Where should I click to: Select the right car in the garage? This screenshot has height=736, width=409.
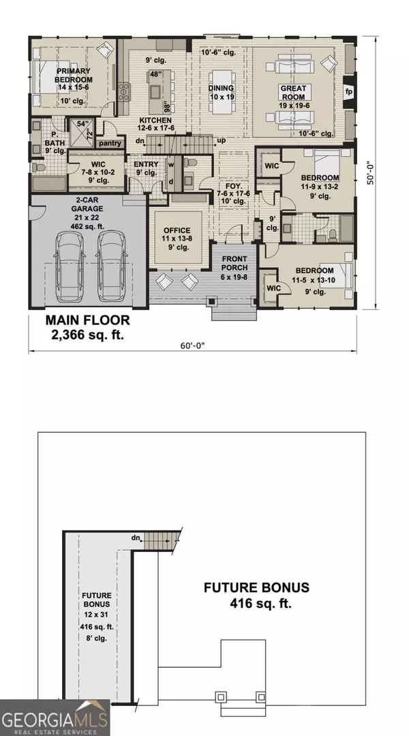[112, 262]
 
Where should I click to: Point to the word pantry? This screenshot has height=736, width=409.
[110, 143]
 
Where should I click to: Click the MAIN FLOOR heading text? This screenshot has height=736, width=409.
[87, 320]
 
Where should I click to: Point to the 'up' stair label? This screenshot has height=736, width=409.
[222, 140]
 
